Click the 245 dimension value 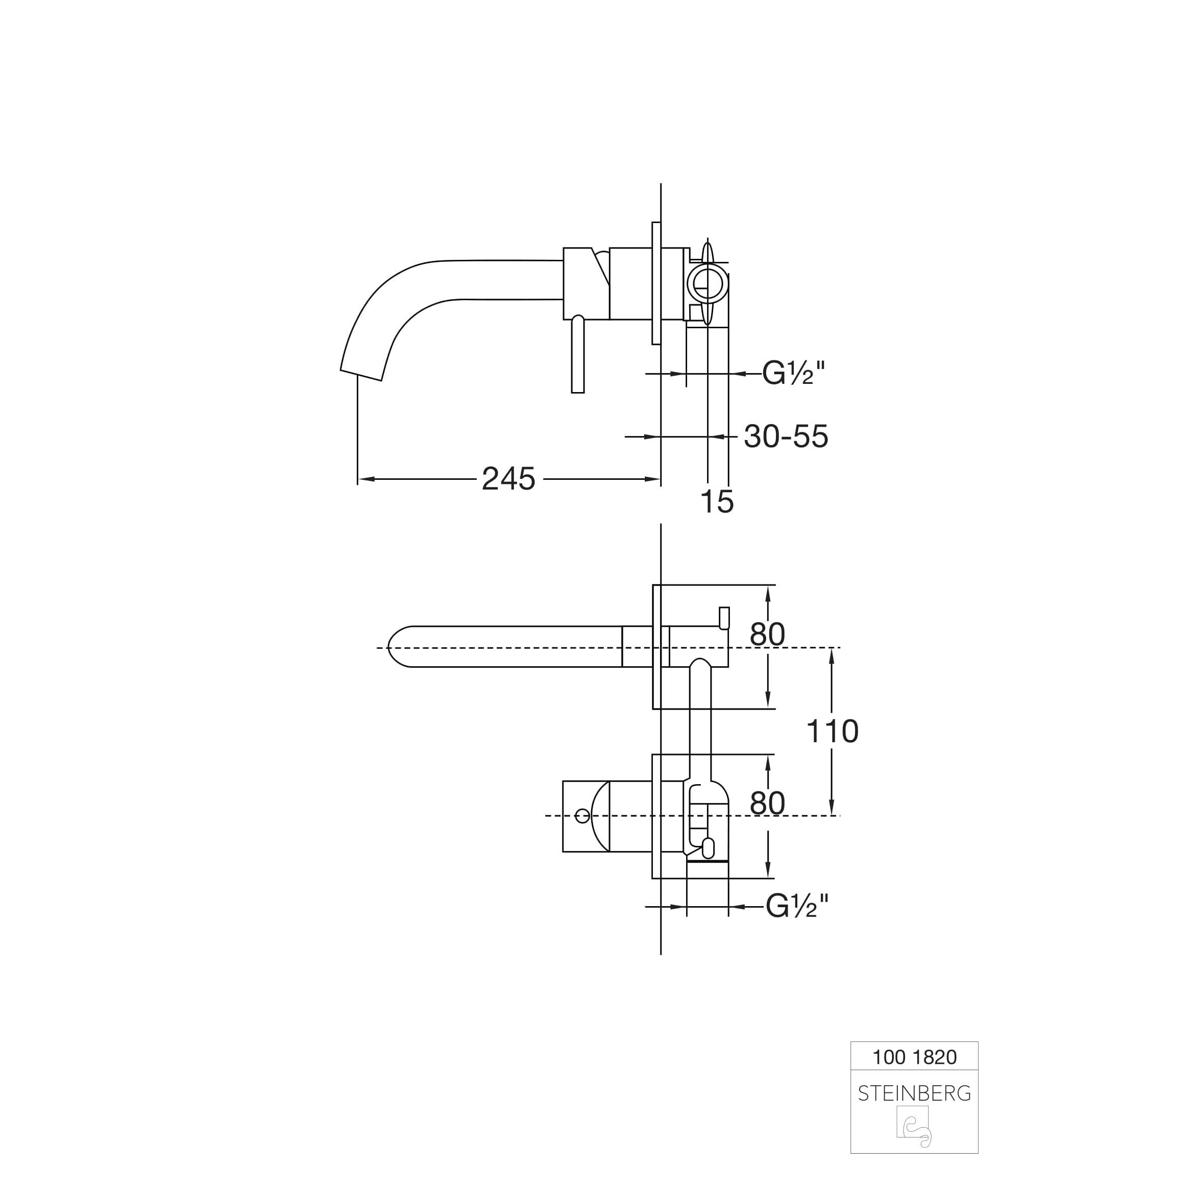coord(508,479)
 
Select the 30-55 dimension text coord(786,436)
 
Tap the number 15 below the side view coord(717,501)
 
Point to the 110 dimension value coord(833,731)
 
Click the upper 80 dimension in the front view coord(768,634)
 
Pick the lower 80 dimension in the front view coord(768,803)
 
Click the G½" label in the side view coord(793,373)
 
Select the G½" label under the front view coord(797,907)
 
